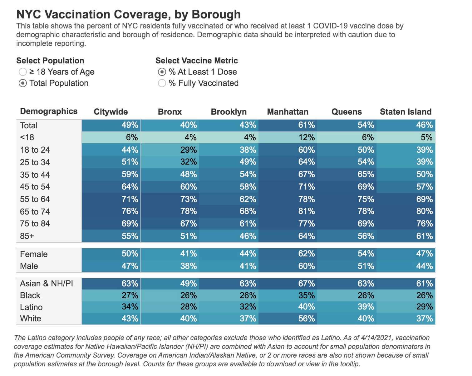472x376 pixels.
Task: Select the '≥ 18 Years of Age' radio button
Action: coord(22,72)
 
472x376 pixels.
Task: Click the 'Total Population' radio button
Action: coord(22,83)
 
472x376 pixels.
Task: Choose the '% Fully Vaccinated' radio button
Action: coord(162,83)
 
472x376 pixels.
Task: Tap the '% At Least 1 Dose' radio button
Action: coord(162,72)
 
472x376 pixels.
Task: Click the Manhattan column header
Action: coord(288,112)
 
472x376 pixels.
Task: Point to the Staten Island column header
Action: coord(406,112)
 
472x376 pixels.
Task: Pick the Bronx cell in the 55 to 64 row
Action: coord(170,199)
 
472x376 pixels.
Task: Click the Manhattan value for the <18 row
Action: coord(288,137)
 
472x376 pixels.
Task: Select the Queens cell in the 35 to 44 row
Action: coord(347,174)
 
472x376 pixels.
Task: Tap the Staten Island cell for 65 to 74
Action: coord(406,211)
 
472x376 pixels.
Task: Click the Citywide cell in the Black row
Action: coord(111,295)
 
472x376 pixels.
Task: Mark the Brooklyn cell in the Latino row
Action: coord(229,307)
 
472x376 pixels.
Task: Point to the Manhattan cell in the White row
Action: coord(288,319)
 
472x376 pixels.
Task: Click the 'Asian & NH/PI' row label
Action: coord(47,284)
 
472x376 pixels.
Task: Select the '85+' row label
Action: coord(27,236)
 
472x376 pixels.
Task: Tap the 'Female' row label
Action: coord(34,254)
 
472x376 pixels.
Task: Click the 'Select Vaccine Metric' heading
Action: coord(197,61)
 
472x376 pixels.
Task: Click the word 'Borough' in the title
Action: coord(216,14)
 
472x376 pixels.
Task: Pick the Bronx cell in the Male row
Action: coord(170,266)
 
